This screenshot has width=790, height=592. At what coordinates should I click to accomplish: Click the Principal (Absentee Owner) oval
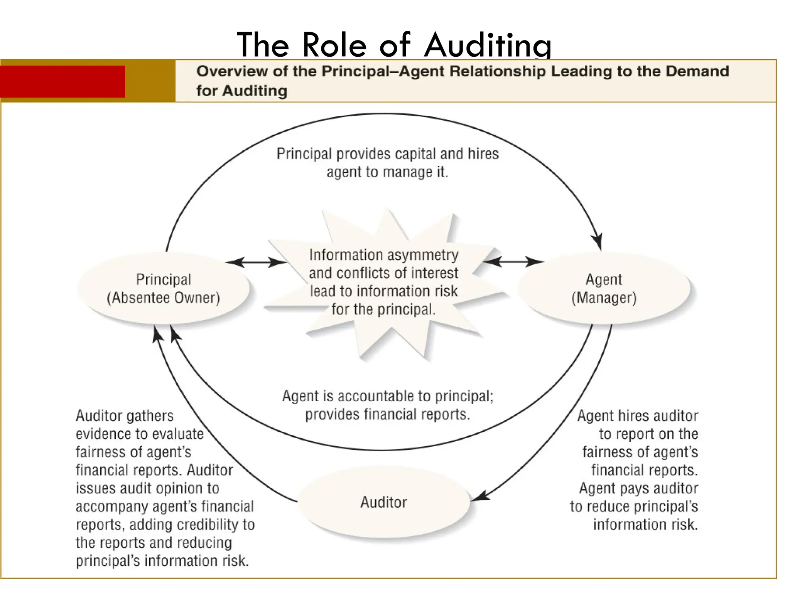[x=163, y=288]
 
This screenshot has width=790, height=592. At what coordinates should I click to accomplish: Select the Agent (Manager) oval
[x=604, y=288]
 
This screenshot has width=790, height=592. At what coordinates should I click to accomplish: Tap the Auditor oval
[x=384, y=502]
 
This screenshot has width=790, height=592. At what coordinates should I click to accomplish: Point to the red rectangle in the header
[x=62, y=81]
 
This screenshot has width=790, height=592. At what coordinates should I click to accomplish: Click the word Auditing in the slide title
[x=488, y=45]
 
